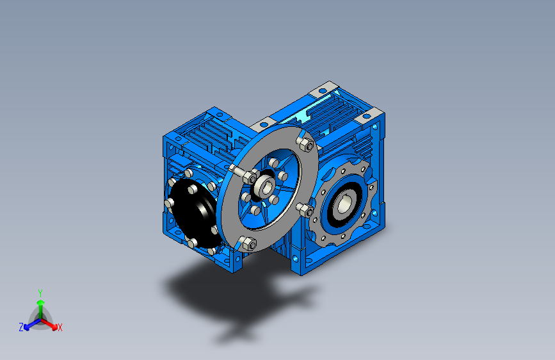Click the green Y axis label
point(40,293)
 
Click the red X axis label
point(60,327)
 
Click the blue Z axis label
point(21,327)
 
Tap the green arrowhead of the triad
point(41,303)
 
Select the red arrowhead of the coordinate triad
point(54,327)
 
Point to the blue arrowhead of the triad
point(27,327)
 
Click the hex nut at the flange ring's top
point(306,144)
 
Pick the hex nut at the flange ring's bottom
point(250,243)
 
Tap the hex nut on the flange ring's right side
point(306,211)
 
